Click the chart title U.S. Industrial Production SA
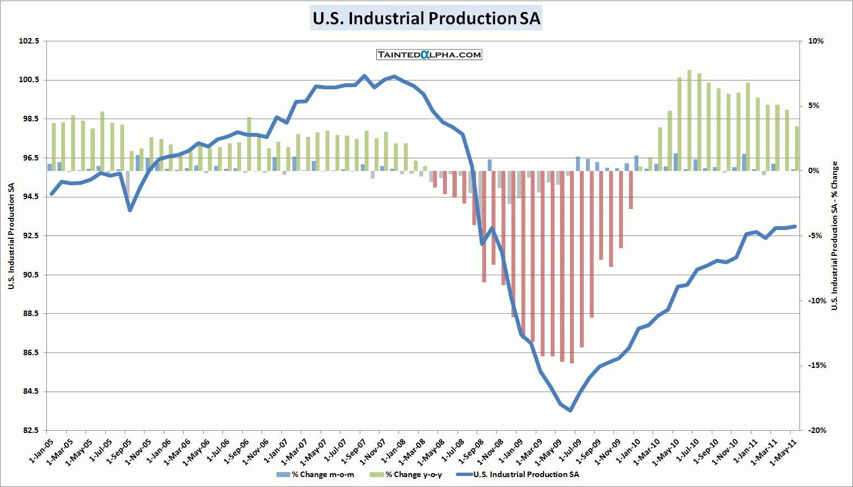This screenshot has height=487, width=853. [426, 18]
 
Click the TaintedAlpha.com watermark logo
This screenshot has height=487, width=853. [429, 55]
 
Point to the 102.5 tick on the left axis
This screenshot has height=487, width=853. [29, 41]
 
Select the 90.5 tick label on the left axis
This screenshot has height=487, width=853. [29, 275]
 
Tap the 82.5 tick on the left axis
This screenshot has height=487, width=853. [29, 430]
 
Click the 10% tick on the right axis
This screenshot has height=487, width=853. [815, 41]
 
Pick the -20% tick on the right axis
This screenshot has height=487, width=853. [817, 430]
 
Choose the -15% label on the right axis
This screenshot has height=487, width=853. [817, 365]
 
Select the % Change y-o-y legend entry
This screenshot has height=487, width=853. [413, 474]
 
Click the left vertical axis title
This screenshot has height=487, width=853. [11, 236]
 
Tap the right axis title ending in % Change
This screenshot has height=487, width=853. [834, 236]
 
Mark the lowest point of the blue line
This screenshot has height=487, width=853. [571, 410]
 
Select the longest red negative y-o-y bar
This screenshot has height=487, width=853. [572, 267]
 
